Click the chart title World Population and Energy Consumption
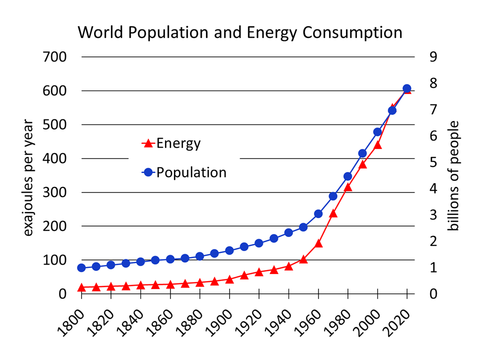point(240,32)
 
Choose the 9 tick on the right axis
point(433,57)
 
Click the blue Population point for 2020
point(407,88)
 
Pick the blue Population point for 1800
point(81,267)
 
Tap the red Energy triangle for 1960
point(318,244)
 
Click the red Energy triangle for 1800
point(81,287)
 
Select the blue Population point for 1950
point(303,227)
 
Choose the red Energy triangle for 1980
point(348,187)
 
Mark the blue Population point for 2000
point(377,132)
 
